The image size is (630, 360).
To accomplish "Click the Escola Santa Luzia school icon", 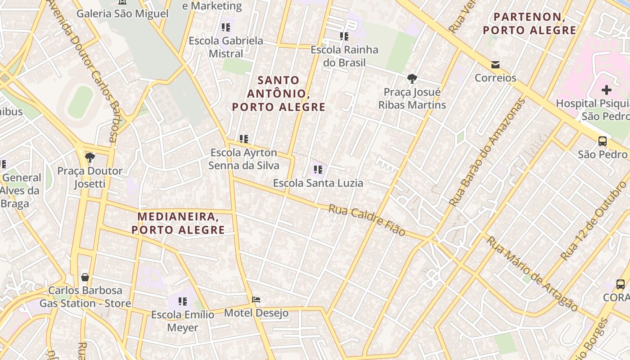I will point(318,170).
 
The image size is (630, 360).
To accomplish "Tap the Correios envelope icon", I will point(495,65).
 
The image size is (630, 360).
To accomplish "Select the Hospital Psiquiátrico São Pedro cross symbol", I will point(607,90).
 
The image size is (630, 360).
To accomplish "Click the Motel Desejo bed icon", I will point(256,299).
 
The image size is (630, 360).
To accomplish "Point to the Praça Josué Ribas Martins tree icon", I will point(412,79).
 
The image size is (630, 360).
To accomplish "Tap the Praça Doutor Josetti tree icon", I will point(90,157).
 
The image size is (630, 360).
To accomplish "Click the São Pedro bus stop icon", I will point(603,141).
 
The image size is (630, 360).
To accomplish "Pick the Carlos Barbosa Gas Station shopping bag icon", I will point(85,277).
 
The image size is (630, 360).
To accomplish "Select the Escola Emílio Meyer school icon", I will point(182,301).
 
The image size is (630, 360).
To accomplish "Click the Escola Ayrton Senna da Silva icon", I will point(244,139).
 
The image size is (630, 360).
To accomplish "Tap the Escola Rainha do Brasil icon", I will point(344,36).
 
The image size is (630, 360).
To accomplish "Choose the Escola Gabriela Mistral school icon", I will point(226,27).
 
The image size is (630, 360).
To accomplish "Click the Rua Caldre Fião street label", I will point(367,220).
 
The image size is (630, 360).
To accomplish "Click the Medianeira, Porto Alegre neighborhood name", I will point(178,223).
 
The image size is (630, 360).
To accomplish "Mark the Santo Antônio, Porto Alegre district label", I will point(279,94).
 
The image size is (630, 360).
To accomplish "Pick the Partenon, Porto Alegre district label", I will point(529,24).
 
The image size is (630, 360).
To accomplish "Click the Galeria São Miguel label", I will point(122,13).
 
